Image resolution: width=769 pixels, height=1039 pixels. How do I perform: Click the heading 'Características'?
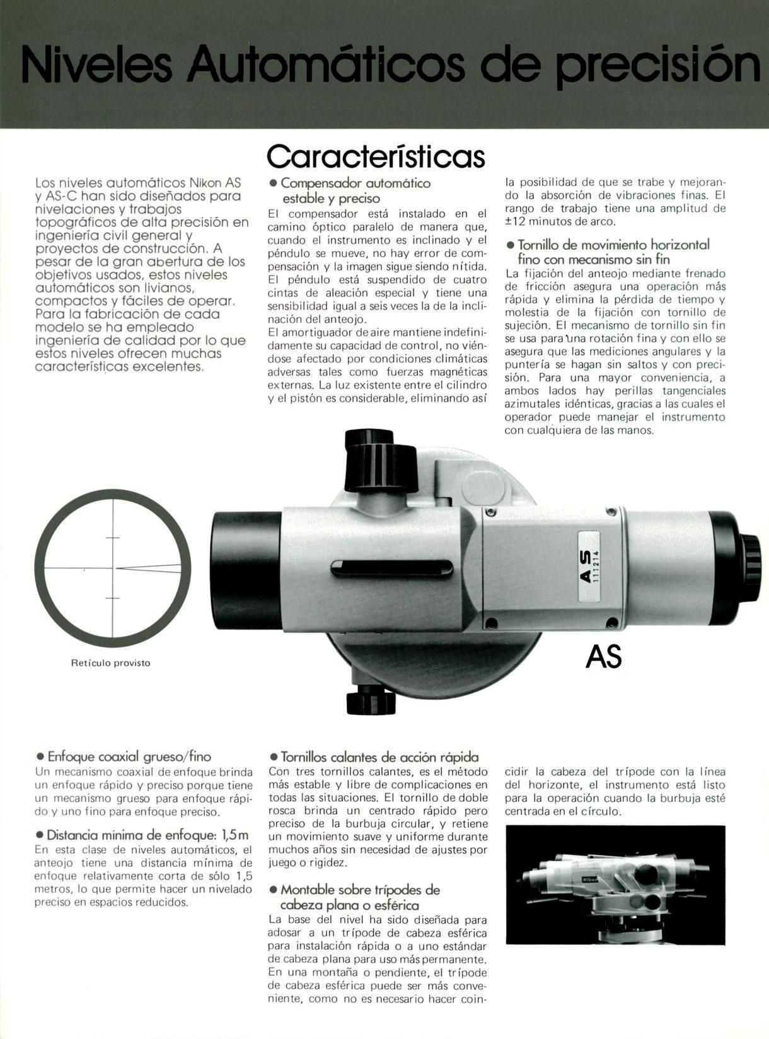[x=376, y=155]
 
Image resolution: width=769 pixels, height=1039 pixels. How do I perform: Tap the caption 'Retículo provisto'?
[x=110, y=663]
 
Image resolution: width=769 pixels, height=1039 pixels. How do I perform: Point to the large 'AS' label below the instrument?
[x=603, y=656]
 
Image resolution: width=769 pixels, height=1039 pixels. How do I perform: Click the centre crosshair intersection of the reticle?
[x=113, y=567]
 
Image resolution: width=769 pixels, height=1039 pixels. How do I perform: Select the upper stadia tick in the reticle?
[x=113, y=538]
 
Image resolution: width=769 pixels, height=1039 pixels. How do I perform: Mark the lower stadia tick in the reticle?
[x=113, y=597]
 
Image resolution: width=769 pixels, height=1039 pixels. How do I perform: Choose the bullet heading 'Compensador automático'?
[x=355, y=183]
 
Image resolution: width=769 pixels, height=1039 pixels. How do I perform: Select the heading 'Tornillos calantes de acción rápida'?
[x=379, y=757]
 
